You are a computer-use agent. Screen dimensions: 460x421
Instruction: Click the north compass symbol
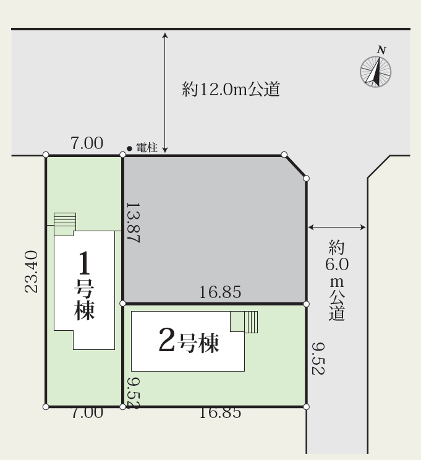click(376, 71)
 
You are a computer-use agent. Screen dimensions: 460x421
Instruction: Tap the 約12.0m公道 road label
click(232, 90)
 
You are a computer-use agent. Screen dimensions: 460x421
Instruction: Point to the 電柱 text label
click(147, 148)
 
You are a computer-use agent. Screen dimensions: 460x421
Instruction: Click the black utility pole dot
click(129, 148)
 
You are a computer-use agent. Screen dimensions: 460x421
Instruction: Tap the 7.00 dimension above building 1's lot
click(87, 143)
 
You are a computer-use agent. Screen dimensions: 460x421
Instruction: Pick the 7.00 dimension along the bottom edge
click(87, 414)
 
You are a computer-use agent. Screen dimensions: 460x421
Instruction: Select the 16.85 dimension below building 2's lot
click(220, 414)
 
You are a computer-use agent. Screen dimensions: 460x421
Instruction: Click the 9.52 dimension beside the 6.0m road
click(317, 358)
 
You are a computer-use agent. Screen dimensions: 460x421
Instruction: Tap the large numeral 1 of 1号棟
click(85, 265)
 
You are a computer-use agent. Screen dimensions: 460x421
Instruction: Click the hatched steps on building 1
click(64, 221)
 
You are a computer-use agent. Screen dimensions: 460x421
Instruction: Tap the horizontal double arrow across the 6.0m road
click(337, 228)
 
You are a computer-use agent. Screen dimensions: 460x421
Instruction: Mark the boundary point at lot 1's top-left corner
click(46, 155)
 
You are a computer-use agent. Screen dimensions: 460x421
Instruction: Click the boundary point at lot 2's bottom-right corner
click(307, 406)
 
